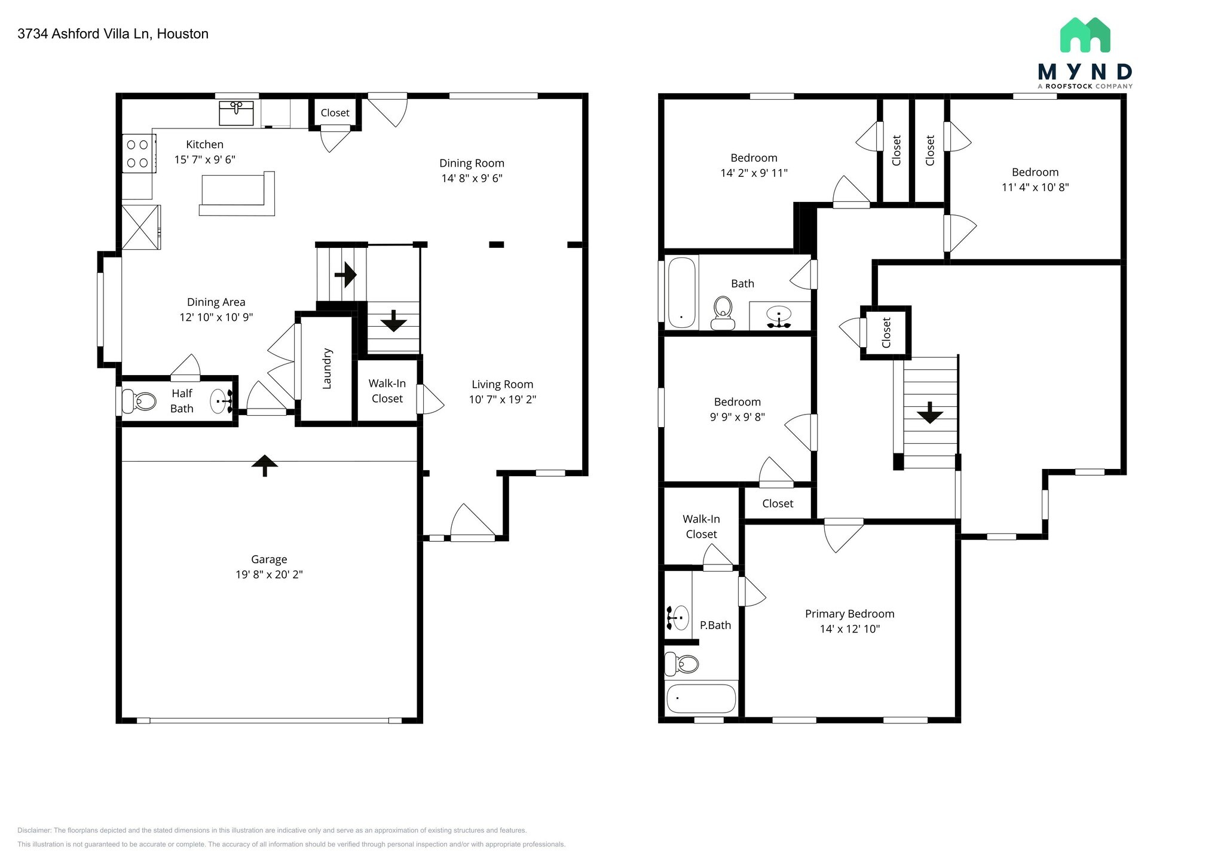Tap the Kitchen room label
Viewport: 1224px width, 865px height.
click(x=205, y=145)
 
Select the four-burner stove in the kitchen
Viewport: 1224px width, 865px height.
click(x=139, y=154)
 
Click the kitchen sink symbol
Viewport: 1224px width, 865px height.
click(x=236, y=113)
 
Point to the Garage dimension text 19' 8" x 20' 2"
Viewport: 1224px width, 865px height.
click(x=269, y=575)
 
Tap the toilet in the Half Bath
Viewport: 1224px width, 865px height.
click(x=139, y=401)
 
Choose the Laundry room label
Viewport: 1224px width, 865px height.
click(x=327, y=369)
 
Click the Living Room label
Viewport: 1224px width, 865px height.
click(x=502, y=385)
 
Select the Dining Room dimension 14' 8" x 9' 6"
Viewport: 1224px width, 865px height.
click(x=472, y=178)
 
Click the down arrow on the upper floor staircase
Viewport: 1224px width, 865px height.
click(x=930, y=413)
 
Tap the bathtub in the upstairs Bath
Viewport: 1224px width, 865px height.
click(x=681, y=292)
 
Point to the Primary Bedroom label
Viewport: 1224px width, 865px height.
click(x=850, y=614)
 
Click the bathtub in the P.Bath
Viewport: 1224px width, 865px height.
click(x=701, y=698)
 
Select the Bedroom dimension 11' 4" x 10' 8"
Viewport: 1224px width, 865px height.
click(x=1035, y=187)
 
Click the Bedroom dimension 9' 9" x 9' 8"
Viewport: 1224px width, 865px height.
click(x=738, y=417)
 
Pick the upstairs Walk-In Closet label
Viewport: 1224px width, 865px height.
click(x=702, y=527)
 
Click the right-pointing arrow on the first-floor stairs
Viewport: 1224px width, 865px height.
click(x=345, y=275)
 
